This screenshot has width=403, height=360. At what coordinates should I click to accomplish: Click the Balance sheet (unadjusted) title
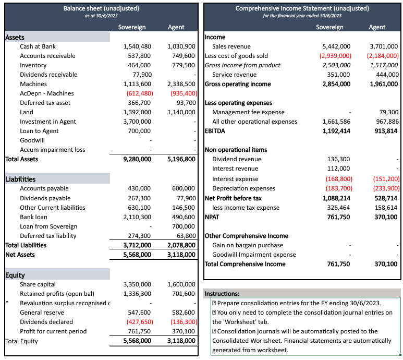point(101,8)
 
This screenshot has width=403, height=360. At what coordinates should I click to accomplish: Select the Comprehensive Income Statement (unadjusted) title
point(302,8)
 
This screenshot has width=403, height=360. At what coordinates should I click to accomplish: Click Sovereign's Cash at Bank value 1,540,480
point(137,46)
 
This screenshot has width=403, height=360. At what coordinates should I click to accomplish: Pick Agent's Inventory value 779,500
point(181,65)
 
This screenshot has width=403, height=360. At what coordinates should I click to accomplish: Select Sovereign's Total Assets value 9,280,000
point(137,159)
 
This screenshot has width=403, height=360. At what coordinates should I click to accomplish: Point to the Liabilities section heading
point(20,179)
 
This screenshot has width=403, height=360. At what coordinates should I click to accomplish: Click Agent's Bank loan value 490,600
point(181,217)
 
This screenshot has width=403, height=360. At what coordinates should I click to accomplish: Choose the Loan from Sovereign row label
point(48,226)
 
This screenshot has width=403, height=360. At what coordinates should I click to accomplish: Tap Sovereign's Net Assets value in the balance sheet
point(137,255)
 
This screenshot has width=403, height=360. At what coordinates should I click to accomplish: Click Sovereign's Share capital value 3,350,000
point(137,284)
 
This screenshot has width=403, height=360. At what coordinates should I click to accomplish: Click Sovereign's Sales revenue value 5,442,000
point(337,46)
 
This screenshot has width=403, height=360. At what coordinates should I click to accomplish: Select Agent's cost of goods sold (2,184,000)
point(383,56)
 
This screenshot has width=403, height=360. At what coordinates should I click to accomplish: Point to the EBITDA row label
point(215,131)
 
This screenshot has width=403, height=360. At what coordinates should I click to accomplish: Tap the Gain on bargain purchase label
point(248,245)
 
